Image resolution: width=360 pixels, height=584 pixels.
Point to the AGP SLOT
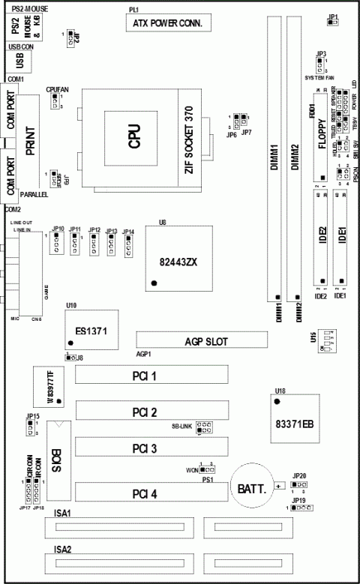pyautogui.click(x=202, y=340)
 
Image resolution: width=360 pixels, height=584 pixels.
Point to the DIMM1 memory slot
pyautogui.click(x=275, y=165)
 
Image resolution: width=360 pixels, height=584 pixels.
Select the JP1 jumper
pyautogui.click(x=333, y=23)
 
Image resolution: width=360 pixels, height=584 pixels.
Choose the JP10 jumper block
pyautogui.click(x=57, y=244)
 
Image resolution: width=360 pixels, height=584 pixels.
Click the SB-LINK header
pyautogui.click(x=204, y=429)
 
